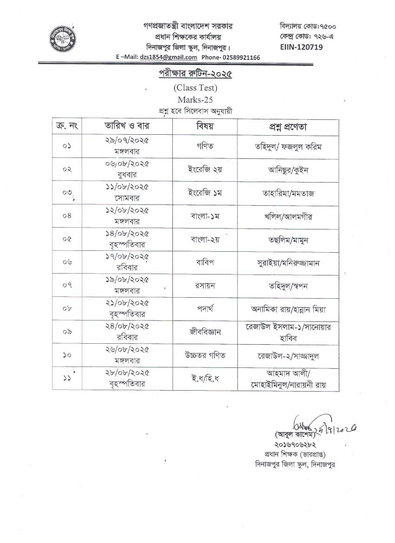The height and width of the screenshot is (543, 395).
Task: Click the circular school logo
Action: tap(62, 39)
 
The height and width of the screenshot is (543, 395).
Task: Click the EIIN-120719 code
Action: tap(301, 46)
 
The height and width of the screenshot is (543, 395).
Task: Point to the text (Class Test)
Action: tap(195, 87)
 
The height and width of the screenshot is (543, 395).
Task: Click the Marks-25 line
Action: tap(195, 99)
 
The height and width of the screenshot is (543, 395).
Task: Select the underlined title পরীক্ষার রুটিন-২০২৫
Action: tap(195, 74)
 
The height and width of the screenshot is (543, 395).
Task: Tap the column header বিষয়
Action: tap(204, 126)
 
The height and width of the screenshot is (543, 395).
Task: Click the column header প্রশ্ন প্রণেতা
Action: tap(288, 126)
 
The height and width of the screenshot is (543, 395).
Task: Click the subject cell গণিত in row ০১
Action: tap(204, 146)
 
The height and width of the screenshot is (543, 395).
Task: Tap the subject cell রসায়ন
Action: tap(204, 286)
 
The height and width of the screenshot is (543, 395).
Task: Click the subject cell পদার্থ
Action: tap(204, 309)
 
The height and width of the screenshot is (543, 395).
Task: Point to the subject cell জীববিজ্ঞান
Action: tap(204, 332)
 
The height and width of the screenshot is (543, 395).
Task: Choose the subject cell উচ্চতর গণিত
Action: tap(204, 355)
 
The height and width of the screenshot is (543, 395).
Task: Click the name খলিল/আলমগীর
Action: tap(288, 216)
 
